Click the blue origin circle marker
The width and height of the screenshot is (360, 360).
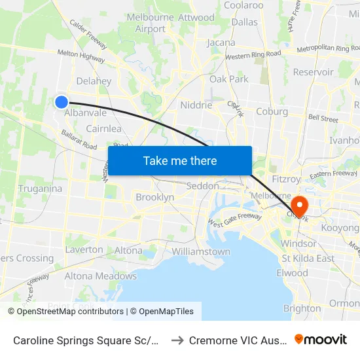[61, 101]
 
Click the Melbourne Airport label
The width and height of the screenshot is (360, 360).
[150, 23]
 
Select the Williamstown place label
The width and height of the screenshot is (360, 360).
[200, 252]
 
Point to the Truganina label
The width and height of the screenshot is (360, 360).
[40, 189]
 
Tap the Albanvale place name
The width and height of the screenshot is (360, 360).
[85, 113]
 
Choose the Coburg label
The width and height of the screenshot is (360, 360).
[272, 111]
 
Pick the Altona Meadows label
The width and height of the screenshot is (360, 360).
[101, 276]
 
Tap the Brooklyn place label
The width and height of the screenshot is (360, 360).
[154, 197]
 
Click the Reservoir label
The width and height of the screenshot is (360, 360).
[313, 72]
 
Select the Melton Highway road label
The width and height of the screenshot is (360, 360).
[81, 58]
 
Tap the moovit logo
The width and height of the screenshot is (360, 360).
[320, 339]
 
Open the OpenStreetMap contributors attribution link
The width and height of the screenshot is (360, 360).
[70, 312]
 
